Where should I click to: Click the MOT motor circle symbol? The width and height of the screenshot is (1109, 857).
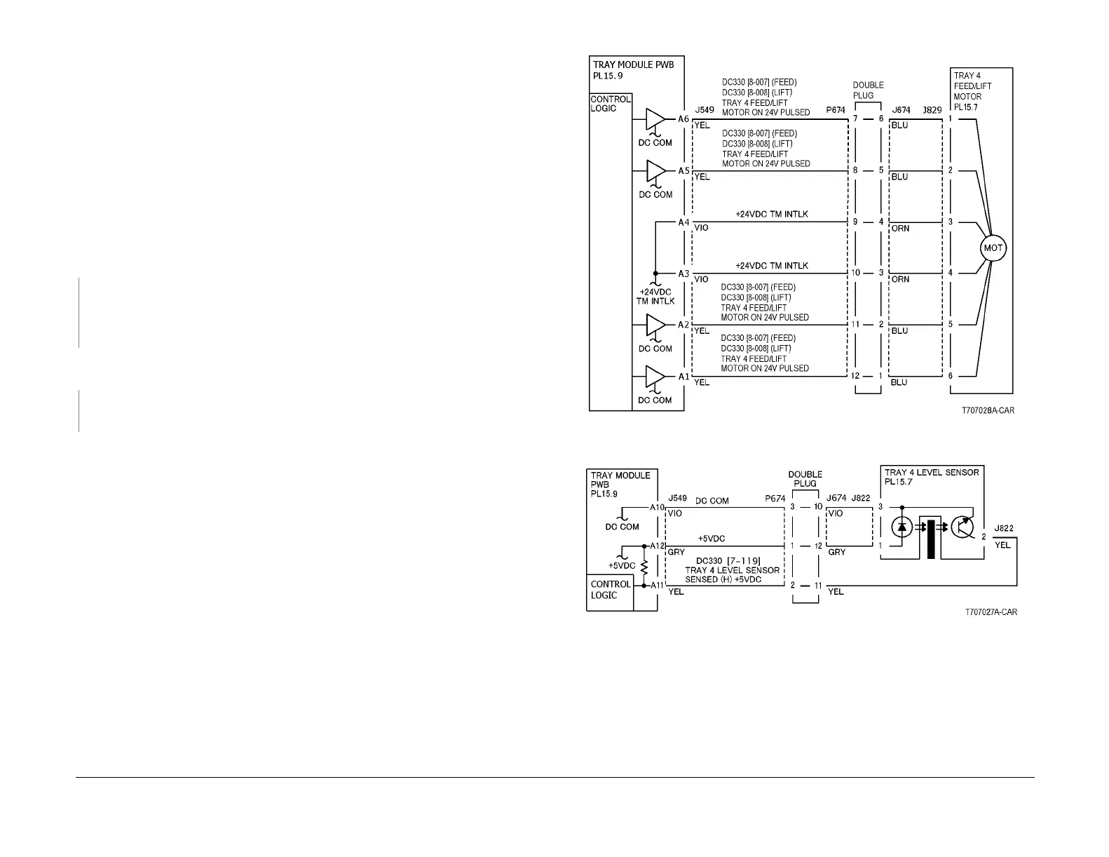(x=993, y=248)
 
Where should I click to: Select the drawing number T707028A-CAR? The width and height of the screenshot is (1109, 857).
(x=988, y=411)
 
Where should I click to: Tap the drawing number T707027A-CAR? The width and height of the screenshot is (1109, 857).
(x=991, y=612)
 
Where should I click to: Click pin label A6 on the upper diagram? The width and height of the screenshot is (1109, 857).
(x=683, y=119)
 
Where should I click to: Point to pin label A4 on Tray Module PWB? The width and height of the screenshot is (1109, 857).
(x=683, y=222)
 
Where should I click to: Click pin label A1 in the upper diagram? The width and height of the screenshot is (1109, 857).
(x=683, y=377)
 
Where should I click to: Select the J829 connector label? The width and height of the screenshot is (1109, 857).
(x=932, y=110)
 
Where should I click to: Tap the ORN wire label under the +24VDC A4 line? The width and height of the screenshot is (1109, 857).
(x=900, y=229)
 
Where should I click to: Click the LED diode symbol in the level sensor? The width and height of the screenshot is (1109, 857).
(x=902, y=528)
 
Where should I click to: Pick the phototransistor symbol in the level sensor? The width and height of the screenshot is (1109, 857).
(x=965, y=528)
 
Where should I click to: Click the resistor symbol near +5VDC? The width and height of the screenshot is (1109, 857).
(x=644, y=565)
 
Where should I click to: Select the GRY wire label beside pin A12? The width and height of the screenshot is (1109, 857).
(x=676, y=553)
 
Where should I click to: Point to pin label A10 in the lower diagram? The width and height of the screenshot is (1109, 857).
(x=657, y=507)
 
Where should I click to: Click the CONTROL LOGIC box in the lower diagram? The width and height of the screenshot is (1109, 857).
(x=610, y=590)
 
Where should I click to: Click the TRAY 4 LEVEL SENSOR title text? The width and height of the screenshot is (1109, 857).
(x=932, y=473)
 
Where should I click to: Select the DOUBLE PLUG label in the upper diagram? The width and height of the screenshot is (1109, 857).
(x=868, y=90)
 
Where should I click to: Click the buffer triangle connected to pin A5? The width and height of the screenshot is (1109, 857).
(x=655, y=170)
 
